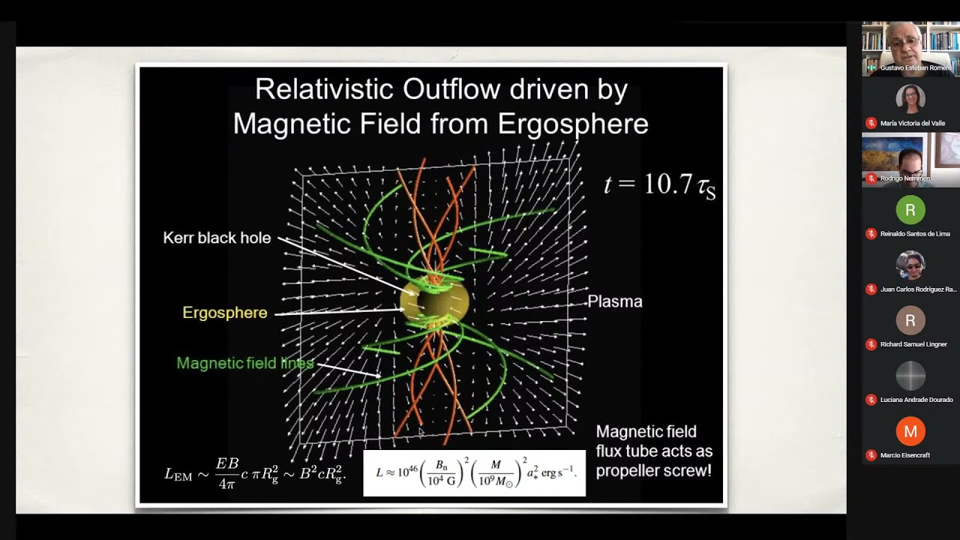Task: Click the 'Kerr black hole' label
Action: pyautogui.click(x=217, y=238)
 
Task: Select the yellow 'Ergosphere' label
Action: pyautogui.click(x=224, y=313)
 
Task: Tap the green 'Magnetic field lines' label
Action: pyautogui.click(x=244, y=364)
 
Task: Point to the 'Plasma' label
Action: pyautogui.click(x=614, y=301)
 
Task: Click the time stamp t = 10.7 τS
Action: pyautogui.click(x=659, y=184)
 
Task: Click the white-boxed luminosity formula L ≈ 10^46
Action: pyautogui.click(x=474, y=473)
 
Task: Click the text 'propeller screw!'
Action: pyautogui.click(x=654, y=471)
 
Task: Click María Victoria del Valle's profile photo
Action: pyautogui.click(x=910, y=99)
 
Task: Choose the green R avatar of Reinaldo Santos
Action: pyautogui.click(x=910, y=210)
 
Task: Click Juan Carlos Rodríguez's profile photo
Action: pyautogui.click(x=910, y=265)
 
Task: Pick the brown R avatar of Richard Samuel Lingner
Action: pyautogui.click(x=910, y=321)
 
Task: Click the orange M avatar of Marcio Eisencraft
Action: pyautogui.click(x=910, y=431)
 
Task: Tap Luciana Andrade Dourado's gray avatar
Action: pyautogui.click(x=910, y=376)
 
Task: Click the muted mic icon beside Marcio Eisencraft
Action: pyautogui.click(x=871, y=455)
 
